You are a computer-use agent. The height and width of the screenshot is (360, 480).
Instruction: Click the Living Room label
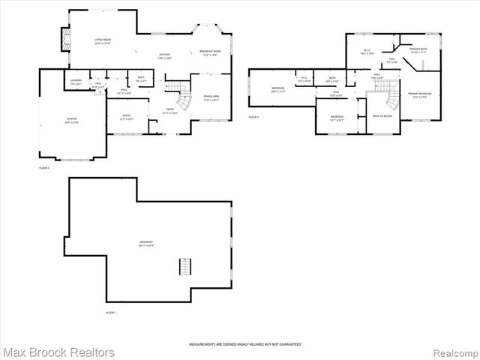(103, 43)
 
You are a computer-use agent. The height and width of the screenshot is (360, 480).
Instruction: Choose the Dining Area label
(211, 98)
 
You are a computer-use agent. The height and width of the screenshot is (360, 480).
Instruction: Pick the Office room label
(126, 118)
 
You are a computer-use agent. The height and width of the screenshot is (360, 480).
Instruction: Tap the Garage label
(72, 121)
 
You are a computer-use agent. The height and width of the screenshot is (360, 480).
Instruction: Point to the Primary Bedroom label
(420, 95)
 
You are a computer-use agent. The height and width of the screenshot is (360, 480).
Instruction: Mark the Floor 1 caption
(111, 312)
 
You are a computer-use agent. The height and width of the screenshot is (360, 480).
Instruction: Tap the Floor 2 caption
(44, 168)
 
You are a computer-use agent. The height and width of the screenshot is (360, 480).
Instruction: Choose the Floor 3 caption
(253, 117)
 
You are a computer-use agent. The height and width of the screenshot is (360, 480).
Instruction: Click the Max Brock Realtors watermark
(58, 352)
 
